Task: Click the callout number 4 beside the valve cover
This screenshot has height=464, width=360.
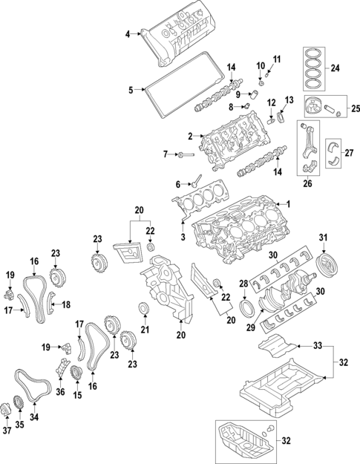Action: [x=127, y=34]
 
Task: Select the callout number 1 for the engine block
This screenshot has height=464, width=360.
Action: [x=289, y=205]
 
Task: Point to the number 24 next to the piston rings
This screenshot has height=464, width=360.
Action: [x=336, y=68]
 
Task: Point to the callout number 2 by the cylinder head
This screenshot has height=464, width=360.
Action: [x=190, y=136]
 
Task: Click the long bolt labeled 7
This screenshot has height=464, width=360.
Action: [x=187, y=154]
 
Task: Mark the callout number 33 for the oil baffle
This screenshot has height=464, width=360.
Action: [x=317, y=346]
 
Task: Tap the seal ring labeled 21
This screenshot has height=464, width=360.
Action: [x=144, y=308]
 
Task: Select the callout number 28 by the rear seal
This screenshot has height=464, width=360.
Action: [x=243, y=284]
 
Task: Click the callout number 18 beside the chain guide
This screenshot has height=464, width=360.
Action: [x=65, y=304]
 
